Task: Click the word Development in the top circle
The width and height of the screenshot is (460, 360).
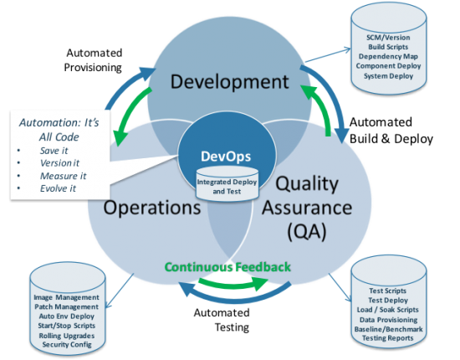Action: click(230, 82)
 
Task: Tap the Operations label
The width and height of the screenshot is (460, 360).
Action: click(152, 208)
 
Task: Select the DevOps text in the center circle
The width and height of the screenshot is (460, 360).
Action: click(226, 157)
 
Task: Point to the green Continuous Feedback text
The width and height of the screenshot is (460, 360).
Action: click(227, 267)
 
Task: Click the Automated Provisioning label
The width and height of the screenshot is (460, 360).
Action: click(94, 60)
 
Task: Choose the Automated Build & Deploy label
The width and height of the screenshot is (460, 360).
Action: click(391, 131)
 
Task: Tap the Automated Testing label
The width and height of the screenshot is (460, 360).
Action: click(222, 320)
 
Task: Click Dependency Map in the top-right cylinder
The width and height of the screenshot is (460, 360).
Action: click(388, 56)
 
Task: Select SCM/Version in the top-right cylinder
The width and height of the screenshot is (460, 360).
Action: click(388, 38)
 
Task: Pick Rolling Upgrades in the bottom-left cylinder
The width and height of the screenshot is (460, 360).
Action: click(67, 336)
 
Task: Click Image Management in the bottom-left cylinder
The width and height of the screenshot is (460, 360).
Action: click(67, 297)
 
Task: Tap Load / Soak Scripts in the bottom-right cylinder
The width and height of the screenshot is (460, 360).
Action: click(388, 310)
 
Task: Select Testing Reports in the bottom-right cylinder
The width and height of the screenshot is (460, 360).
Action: click(388, 338)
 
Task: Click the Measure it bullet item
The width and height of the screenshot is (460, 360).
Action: click(63, 176)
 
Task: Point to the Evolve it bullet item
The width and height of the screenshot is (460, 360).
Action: click(58, 188)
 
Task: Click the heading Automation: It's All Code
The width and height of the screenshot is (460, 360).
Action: click(59, 130)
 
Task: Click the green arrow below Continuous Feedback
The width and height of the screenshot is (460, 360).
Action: click(233, 283)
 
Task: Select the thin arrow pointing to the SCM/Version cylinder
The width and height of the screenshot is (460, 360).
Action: click(328, 55)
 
